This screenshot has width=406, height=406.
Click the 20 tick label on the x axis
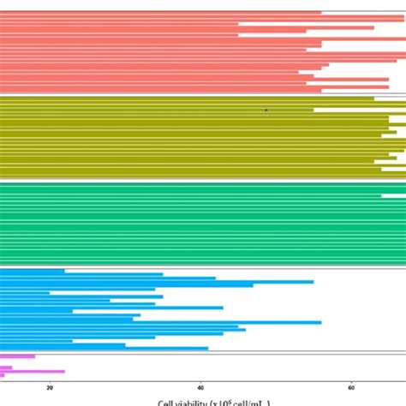pyautogui.click(x=50, y=386)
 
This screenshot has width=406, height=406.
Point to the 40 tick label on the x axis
pyautogui.click(x=200, y=386)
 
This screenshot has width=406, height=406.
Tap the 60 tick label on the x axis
pyautogui.click(x=351, y=386)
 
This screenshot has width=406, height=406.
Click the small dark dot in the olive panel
pyautogui.click(x=266, y=110)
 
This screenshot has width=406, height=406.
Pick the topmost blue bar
pyautogui.click(x=33, y=271)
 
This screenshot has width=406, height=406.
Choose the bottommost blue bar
pyautogui.click(x=103, y=348)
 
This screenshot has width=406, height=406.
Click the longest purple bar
pyautogui.click(x=33, y=371)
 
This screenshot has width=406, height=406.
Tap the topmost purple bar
pyautogui.click(x=17, y=356)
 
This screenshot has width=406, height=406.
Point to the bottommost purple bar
pyautogui.click(x=3, y=375)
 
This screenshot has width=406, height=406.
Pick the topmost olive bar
pyautogui.click(x=187, y=99)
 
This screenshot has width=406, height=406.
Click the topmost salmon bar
pyautogui.click(x=160, y=13)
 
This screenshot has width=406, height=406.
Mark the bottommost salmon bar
pyautogui.click(x=160, y=89)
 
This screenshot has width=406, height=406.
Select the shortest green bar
pyautogui.click(x=190, y=196)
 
